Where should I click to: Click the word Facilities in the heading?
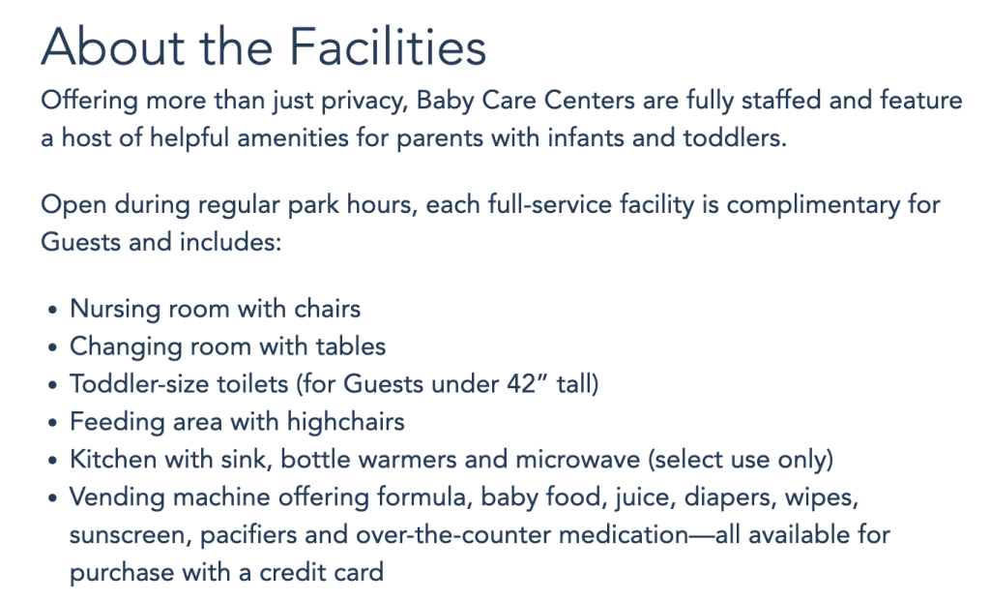click(388, 46)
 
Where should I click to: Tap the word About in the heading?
click(113, 46)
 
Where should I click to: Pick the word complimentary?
click(813, 206)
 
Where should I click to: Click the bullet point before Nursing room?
click(52, 311)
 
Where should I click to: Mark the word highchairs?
click(346, 422)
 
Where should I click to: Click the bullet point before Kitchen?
click(52, 461)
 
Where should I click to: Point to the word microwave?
click(578, 460)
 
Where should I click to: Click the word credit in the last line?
click(287, 573)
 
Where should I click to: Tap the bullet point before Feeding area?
click(52, 423)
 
